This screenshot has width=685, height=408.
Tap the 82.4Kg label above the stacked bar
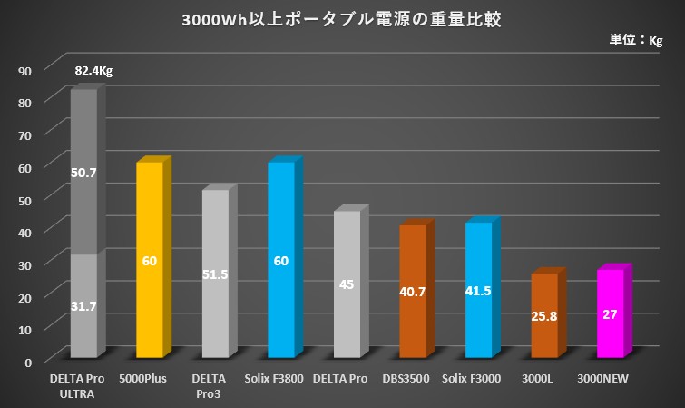(93, 71)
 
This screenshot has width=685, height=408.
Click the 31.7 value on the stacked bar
(84, 308)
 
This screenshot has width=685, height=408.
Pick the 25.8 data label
(544, 318)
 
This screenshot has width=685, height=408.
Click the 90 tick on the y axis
(25, 70)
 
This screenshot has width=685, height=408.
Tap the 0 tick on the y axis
(29, 361)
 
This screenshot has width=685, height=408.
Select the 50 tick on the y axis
(25, 199)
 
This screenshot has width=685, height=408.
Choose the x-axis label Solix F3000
(478, 379)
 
